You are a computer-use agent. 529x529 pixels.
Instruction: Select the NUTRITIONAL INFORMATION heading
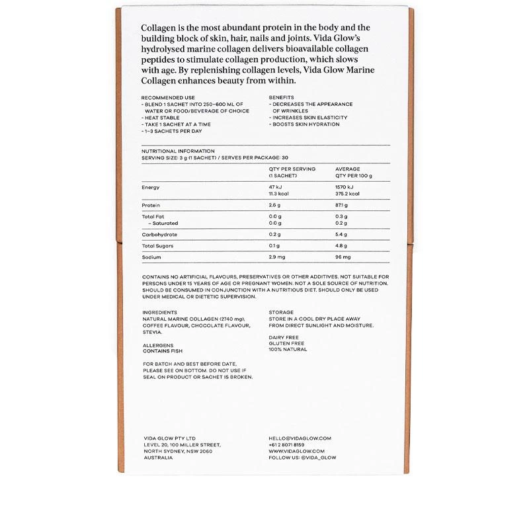coord(178,151)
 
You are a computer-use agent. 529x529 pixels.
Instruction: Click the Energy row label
coord(150,187)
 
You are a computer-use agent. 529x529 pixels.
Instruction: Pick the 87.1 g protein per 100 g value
coord(342,206)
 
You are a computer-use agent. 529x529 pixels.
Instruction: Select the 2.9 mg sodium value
coord(276,257)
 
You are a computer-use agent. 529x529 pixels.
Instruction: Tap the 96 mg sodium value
coord(343,257)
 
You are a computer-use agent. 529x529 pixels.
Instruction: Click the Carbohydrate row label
coord(159,235)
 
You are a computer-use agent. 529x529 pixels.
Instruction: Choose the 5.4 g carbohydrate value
coord(341,235)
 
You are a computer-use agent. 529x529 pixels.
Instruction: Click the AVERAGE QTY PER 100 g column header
coord(354,172)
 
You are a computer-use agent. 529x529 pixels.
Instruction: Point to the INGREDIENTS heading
coord(159,312)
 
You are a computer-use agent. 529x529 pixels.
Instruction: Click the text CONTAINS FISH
coord(163,351)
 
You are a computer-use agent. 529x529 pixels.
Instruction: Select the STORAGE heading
coord(281,312)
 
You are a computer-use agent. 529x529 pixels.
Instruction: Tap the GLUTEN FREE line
coord(286,343)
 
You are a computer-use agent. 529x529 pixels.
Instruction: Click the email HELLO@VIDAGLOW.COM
coord(300,438)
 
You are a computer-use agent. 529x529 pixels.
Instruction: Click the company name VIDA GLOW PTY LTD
coord(169,438)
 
